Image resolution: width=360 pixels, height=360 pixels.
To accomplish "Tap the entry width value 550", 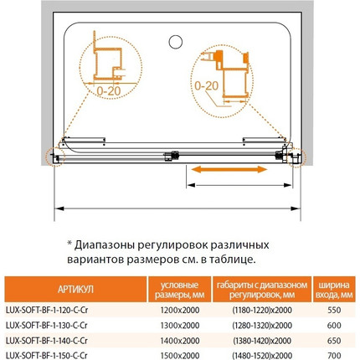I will coord(333,308).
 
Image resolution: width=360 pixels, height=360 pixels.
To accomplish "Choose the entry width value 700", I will coord(333,353).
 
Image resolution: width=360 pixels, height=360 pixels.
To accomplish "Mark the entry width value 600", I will coord(333,323).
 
